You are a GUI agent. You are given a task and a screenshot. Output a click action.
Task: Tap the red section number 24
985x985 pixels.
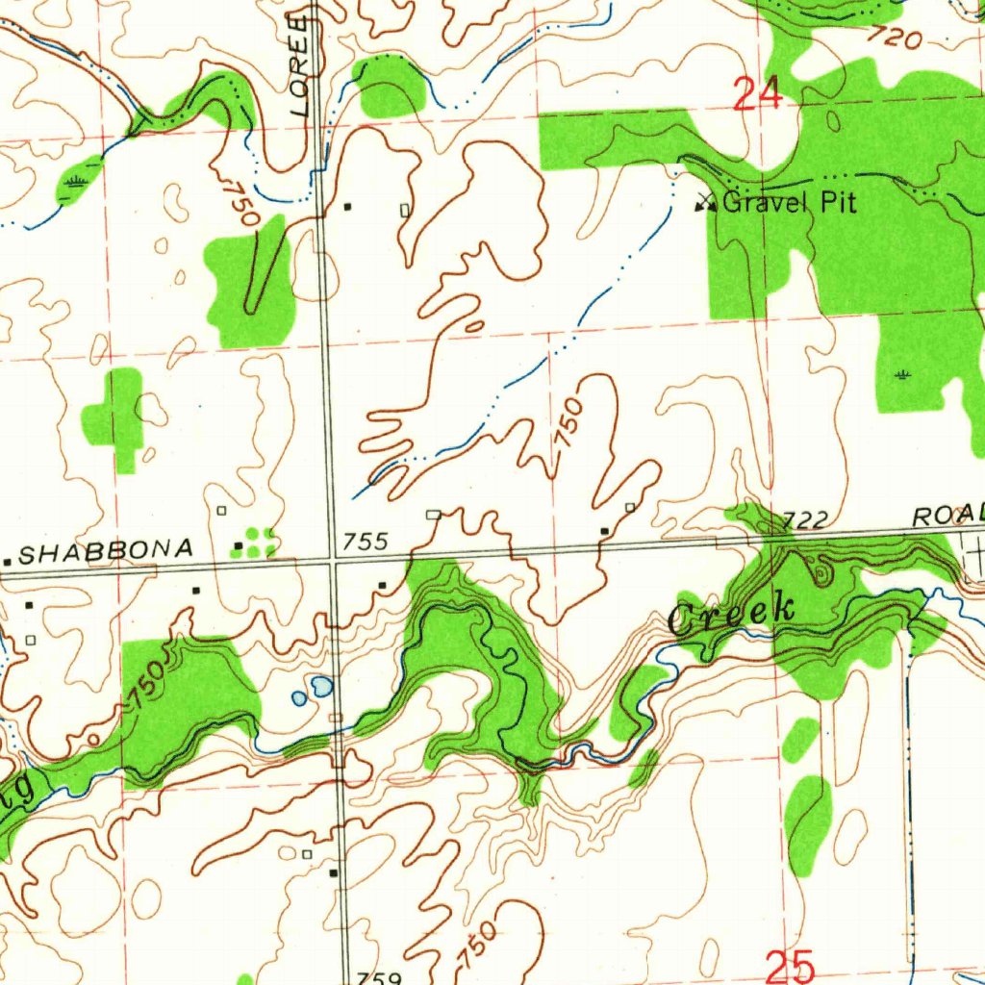coord(757,95)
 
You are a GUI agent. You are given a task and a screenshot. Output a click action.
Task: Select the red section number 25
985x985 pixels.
coord(791,966)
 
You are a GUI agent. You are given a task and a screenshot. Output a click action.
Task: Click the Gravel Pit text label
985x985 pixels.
coord(788,202)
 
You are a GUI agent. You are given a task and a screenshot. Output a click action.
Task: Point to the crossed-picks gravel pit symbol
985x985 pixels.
coord(706,202)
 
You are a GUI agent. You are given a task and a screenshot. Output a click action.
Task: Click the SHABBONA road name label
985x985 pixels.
coord(106,550)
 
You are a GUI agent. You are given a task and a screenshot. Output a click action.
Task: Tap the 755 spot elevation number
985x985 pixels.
coord(366,543)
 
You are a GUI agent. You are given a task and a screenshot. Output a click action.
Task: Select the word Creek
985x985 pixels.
coord(731,614)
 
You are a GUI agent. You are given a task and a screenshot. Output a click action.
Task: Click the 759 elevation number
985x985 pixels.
coord(377,977)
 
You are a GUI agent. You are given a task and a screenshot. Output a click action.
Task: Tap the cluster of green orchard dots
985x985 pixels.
coord(259,542)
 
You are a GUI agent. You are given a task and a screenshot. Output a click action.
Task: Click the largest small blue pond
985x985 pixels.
coord(321,686)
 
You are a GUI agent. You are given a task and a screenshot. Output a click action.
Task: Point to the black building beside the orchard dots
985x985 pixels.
coord(239,546)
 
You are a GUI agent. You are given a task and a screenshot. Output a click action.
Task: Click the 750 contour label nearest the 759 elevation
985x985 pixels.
coord(477,946)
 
